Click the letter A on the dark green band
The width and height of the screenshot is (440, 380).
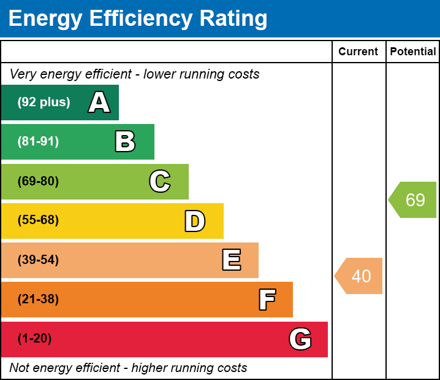(99, 103)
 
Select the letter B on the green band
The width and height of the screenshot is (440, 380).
(125, 142)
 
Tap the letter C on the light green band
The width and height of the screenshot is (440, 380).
(159, 181)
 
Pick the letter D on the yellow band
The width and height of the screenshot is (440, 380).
(195, 221)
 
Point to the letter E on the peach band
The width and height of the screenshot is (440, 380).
(231, 260)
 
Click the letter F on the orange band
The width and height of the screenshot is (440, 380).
(267, 300)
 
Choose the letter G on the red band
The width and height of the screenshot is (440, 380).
(300, 339)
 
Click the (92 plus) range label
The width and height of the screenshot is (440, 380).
(44, 103)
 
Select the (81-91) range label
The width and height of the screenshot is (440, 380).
(38, 142)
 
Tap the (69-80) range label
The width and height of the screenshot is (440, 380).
(38, 181)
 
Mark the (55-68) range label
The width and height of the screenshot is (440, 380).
(38, 220)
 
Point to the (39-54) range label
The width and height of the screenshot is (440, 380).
(38, 260)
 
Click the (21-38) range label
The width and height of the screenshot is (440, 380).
(38, 300)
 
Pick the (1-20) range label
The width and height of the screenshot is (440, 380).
(35, 339)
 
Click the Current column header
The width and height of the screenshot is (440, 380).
(358, 52)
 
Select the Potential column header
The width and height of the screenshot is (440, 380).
(413, 52)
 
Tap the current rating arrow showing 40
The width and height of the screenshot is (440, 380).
(360, 276)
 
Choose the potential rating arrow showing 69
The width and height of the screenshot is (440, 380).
(414, 200)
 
